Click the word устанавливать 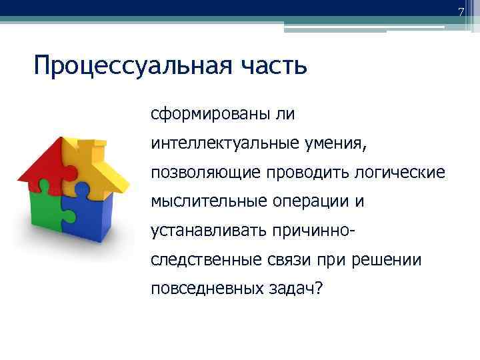[x=207, y=230]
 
